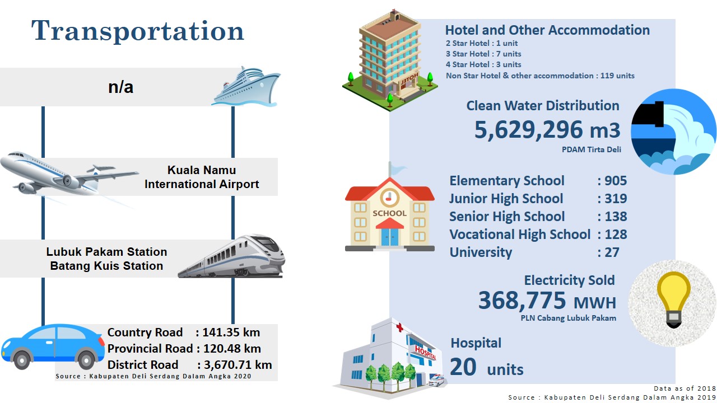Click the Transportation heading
pos(138,31)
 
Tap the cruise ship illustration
pos(246,87)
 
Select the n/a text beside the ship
pos(120,87)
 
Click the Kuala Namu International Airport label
pos(202,177)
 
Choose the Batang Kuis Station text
pos(106,266)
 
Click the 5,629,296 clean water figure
pos(528,130)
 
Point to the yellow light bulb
pos(673,299)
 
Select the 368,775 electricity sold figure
pos(523,301)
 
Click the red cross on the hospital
pos(399,327)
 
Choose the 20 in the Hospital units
pos(463,367)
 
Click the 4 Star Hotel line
pos(483,64)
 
